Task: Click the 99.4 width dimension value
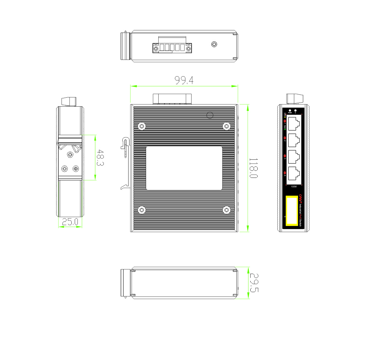point(184,80)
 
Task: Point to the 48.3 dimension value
point(100,157)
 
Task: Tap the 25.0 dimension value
point(70,222)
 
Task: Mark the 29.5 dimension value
point(254,283)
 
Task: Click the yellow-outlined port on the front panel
point(292,211)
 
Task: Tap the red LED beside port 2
point(285,138)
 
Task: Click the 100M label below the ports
point(294,186)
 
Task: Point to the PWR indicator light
point(290,110)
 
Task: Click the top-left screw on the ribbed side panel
point(141,126)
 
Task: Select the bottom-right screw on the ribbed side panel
point(227,210)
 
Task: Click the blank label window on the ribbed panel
point(184,168)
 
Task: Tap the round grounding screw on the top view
point(214,44)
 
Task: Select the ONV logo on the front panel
point(301,198)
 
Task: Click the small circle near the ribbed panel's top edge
point(210,115)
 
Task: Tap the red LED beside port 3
point(285,155)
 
